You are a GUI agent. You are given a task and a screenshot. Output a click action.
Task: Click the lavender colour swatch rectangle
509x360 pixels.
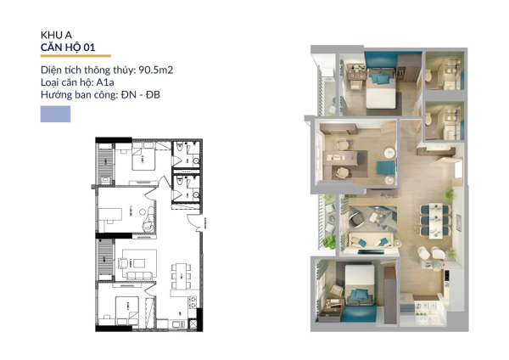55,115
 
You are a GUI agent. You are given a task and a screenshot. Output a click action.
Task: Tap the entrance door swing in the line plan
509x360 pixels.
196,223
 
